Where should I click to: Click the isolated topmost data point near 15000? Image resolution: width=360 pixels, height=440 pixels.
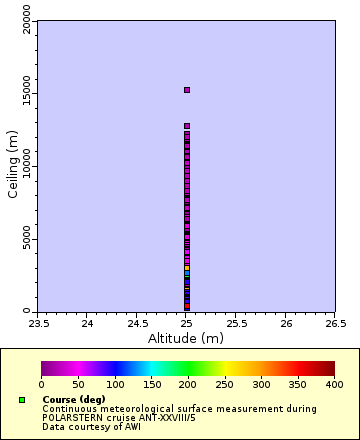[187, 90]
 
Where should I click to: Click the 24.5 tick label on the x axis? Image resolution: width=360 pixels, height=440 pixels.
[137, 323]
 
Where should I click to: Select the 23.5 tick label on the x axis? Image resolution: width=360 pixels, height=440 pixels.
[38, 323]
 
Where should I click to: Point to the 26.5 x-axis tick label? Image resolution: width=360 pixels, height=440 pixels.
[335, 323]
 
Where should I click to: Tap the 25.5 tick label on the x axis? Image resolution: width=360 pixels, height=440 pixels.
[236, 323]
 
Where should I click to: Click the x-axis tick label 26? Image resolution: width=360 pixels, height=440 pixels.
[286, 323]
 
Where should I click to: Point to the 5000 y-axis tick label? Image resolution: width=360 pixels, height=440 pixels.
[28, 240]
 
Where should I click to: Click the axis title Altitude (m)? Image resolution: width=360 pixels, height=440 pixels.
[187, 338]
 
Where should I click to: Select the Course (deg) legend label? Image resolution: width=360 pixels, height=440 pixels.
[74, 400]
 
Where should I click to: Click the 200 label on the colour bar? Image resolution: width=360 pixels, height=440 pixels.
[188, 384]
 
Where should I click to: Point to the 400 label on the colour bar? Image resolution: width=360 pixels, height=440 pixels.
[334, 384]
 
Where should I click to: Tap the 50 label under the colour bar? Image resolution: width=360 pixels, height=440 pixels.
[78, 384]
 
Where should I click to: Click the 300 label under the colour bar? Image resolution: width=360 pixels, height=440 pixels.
[261, 384]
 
